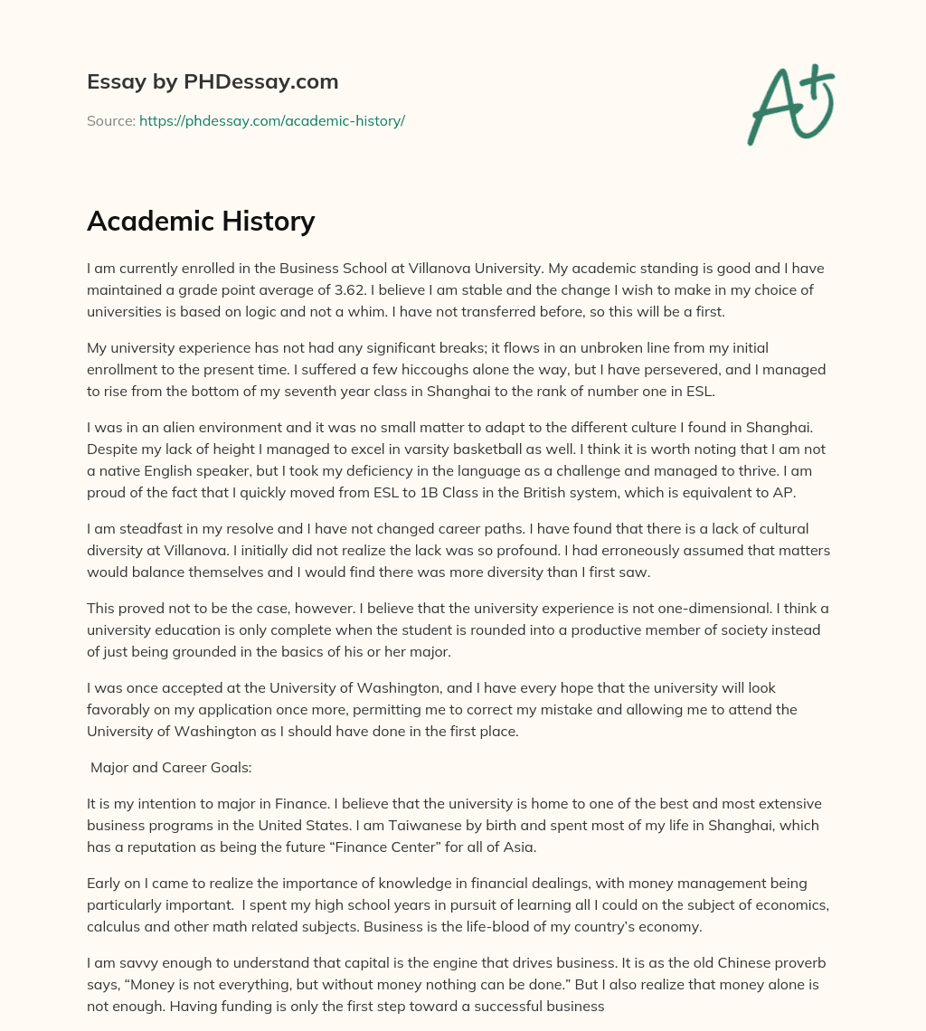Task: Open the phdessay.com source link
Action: (x=271, y=120)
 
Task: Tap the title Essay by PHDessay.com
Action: (x=213, y=81)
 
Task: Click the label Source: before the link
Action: (x=110, y=120)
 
